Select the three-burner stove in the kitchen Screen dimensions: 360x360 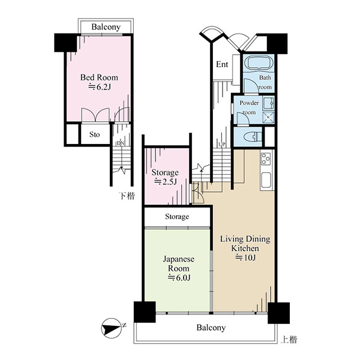266,158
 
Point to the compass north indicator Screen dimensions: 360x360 112,328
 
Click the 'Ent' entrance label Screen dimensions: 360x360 222,65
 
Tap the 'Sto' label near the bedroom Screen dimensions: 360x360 95,134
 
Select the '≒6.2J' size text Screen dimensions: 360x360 100,87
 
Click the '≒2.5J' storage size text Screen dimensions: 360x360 165,182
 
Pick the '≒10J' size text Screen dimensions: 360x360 245,258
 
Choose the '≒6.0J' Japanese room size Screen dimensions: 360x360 179,278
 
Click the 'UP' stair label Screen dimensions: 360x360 222,145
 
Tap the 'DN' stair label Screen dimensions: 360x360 121,143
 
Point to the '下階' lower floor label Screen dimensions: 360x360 127,196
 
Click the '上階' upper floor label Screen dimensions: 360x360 289,340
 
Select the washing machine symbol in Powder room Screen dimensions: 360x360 268,118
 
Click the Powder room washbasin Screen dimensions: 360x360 268,104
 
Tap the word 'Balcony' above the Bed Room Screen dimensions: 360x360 106,27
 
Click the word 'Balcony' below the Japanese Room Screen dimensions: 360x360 211,328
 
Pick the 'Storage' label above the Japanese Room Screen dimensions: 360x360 177,217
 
